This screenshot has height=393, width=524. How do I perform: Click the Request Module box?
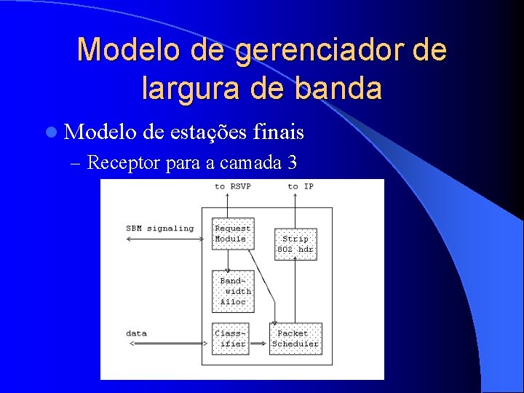pos(232,234)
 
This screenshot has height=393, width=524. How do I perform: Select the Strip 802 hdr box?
pos(295,245)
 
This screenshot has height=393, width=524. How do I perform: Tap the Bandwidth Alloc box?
pos(233,290)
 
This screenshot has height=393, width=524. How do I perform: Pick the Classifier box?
pos(230,338)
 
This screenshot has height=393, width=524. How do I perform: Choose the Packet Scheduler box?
pos(295,338)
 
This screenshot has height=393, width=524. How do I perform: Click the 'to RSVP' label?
pos(232,186)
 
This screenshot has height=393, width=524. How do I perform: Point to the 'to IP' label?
pos(300,186)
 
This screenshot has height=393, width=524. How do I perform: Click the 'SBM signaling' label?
pos(160,228)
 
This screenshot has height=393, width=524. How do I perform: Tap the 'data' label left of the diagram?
pos(136,333)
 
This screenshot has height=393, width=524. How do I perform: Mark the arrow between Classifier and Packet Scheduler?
pos(259,343)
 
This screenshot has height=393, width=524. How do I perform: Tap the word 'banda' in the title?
pos(343,87)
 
